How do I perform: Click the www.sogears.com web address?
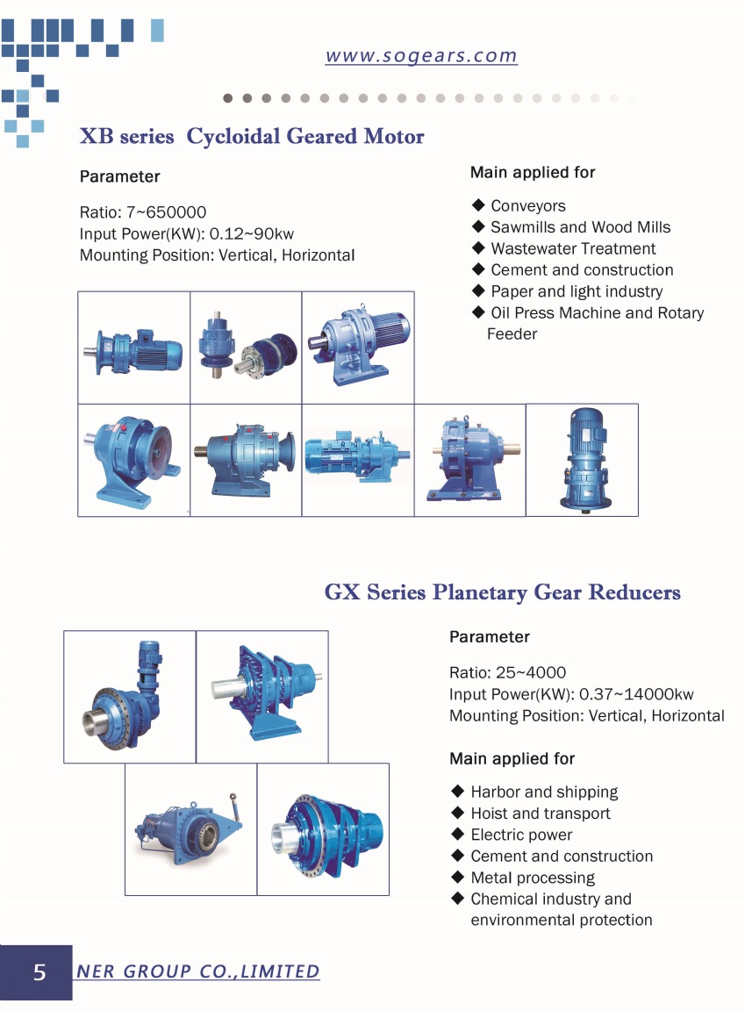[421, 55]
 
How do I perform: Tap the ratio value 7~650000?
[166, 212]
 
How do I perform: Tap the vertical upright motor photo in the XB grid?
[583, 460]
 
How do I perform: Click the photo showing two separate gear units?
[247, 348]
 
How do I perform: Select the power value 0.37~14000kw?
[637, 694]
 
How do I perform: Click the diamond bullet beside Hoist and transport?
[458, 813]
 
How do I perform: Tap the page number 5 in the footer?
[39, 972]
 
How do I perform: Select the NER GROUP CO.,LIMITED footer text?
[197, 971]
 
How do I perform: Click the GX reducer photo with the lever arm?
[190, 829]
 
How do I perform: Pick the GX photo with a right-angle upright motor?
[130, 696]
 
